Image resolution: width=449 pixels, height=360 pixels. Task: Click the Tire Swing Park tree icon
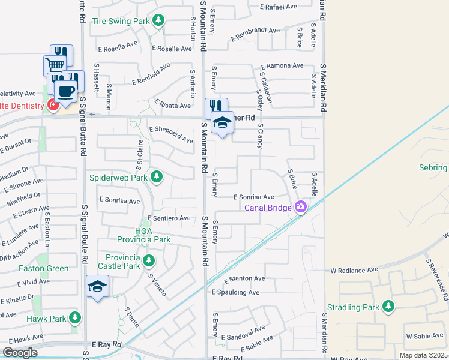[x=158, y=22]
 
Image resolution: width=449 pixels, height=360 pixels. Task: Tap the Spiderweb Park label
[x=118, y=178]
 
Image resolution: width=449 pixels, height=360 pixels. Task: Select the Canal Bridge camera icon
[x=300, y=208]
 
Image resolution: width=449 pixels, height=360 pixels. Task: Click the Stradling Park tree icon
[x=388, y=307]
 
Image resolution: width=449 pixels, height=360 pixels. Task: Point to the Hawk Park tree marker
[x=74, y=317]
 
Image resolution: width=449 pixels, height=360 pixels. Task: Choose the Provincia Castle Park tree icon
[x=148, y=260]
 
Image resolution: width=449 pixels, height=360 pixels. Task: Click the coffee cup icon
[x=65, y=91]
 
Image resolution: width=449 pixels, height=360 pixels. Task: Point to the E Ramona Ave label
[x=282, y=65]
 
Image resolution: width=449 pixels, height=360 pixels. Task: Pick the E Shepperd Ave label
[x=171, y=134]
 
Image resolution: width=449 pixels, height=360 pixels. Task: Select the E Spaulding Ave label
[x=235, y=293]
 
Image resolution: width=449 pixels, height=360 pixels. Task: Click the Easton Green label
[x=43, y=268]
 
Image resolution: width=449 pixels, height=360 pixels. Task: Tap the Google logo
[x=19, y=353]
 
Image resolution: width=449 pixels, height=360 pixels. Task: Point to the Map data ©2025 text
[x=423, y=355]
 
